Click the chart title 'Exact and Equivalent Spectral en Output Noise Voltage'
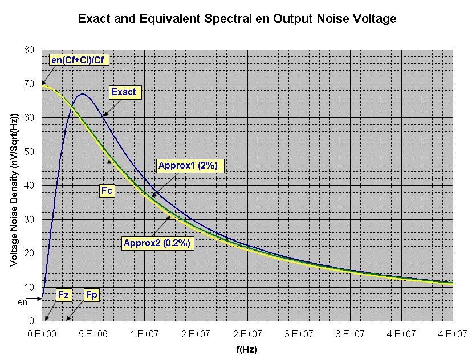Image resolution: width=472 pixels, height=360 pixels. (x=236, y=19)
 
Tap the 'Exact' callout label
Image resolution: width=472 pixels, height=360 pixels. (x=124, y=92)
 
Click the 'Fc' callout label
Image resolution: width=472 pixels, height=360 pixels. (x=107, y=190)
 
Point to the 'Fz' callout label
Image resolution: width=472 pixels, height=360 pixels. (x=63, y=294)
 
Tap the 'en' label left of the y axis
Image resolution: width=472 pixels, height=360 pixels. (x=22, y=302)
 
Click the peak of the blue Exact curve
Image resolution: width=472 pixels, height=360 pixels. (x=83, y=94)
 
